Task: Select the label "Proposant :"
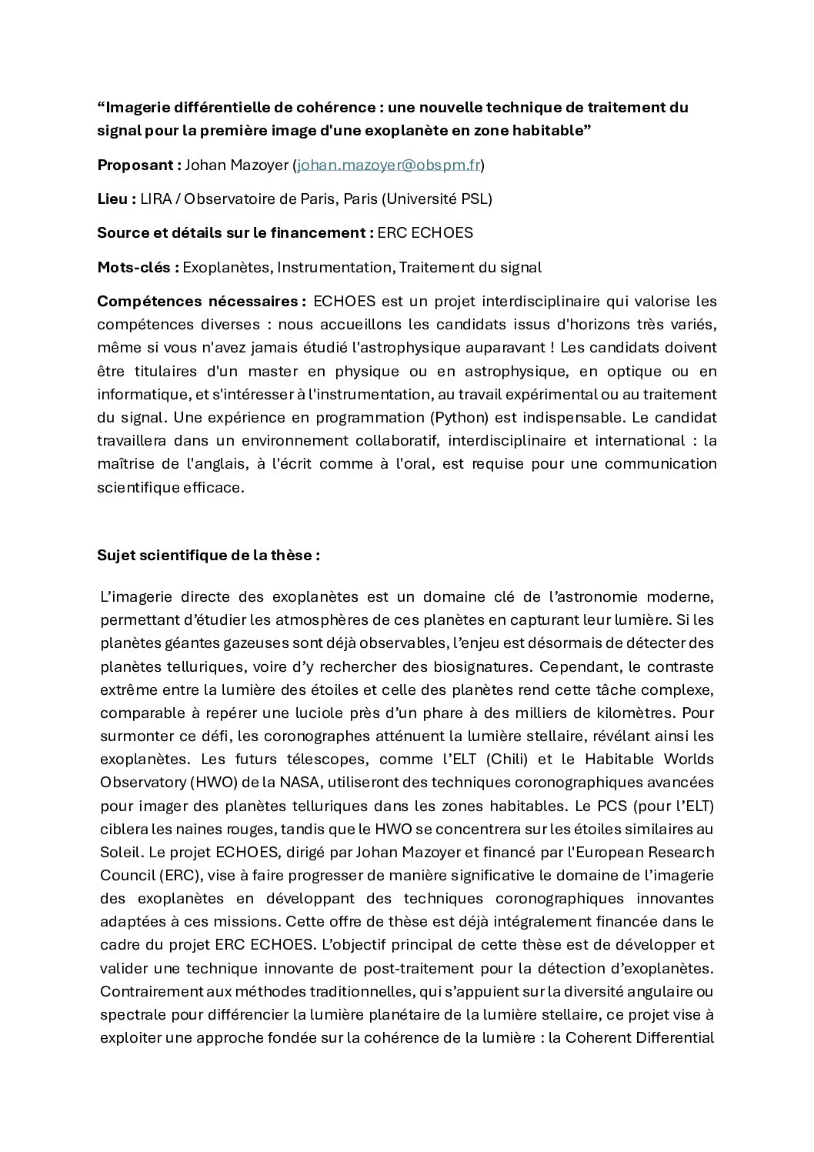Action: coord(139,165)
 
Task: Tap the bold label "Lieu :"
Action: coord(117,199)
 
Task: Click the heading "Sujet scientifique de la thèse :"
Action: coord(209,556)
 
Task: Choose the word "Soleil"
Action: coord(121,853)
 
